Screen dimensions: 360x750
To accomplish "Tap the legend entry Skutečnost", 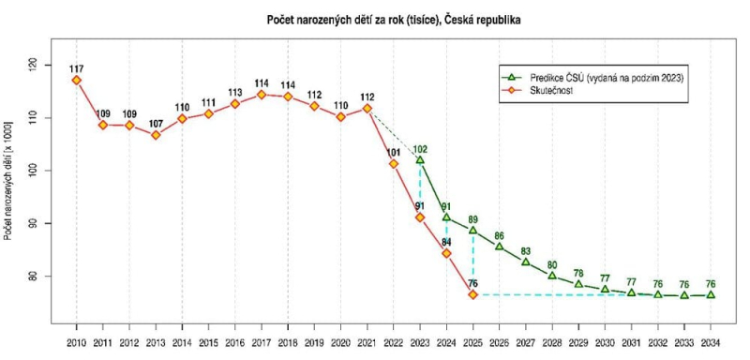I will [553, 91].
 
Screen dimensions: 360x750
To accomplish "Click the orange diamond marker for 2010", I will [76, 80].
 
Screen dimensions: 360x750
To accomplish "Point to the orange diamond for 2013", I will [156, 134].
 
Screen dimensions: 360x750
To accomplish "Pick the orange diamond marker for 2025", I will [473, 294].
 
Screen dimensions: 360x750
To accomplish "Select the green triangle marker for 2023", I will [420, 159].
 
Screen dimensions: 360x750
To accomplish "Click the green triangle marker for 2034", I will [712, 294].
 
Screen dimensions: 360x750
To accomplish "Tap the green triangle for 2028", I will [552, 275].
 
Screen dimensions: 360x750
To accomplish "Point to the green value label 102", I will [421, 148].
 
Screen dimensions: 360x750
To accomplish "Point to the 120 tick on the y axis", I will [35, 65].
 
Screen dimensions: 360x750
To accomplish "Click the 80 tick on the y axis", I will [35, 277].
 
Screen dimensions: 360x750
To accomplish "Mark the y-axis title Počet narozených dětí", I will [8, 178].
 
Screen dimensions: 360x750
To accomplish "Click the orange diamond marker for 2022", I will [394, 163].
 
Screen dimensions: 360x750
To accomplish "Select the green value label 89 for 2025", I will [474, 219].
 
